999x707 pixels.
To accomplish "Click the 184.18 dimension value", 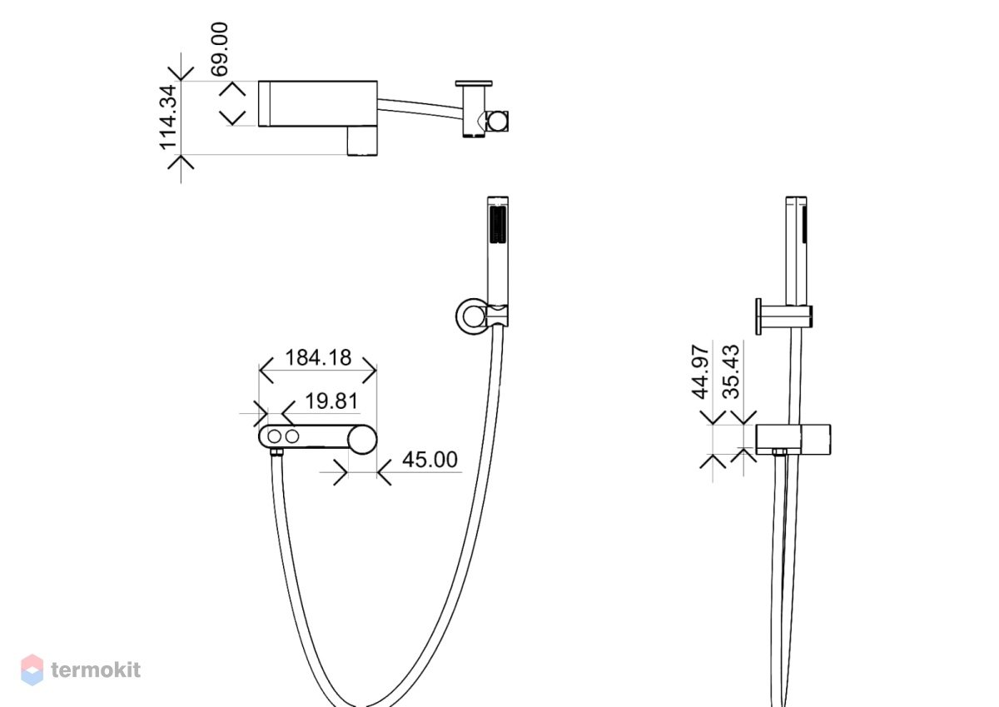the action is tap(318, 358).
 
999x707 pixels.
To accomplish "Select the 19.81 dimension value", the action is tap(331, 401).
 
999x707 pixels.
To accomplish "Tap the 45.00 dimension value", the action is tap(430, 460).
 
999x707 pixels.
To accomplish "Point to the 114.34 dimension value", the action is tap(168, 117).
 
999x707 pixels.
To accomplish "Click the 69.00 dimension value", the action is tap(220, 49).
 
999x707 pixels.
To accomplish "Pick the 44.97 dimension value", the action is tap(700, 371).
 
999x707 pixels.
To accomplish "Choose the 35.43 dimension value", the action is tap(731, 371).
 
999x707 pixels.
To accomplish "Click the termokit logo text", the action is tap(96, 670).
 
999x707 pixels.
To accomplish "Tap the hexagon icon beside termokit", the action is tap(32, 670).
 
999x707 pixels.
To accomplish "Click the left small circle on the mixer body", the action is tap(274, 436).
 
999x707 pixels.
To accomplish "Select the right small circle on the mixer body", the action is tap(292, 436).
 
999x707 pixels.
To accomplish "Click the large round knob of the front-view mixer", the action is tap(362, 440).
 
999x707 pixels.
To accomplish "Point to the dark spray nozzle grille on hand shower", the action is tap(498, 225).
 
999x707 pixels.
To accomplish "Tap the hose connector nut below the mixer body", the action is tap(277, 452).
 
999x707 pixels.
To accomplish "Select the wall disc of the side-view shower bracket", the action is tap(758, 316).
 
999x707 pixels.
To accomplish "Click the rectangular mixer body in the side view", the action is tap(793, 440).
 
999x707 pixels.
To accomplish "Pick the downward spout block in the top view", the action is tap(362, 141).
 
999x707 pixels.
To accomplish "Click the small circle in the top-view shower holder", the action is tap(497, 121).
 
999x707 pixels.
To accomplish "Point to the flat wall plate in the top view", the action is tap(474, 83).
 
